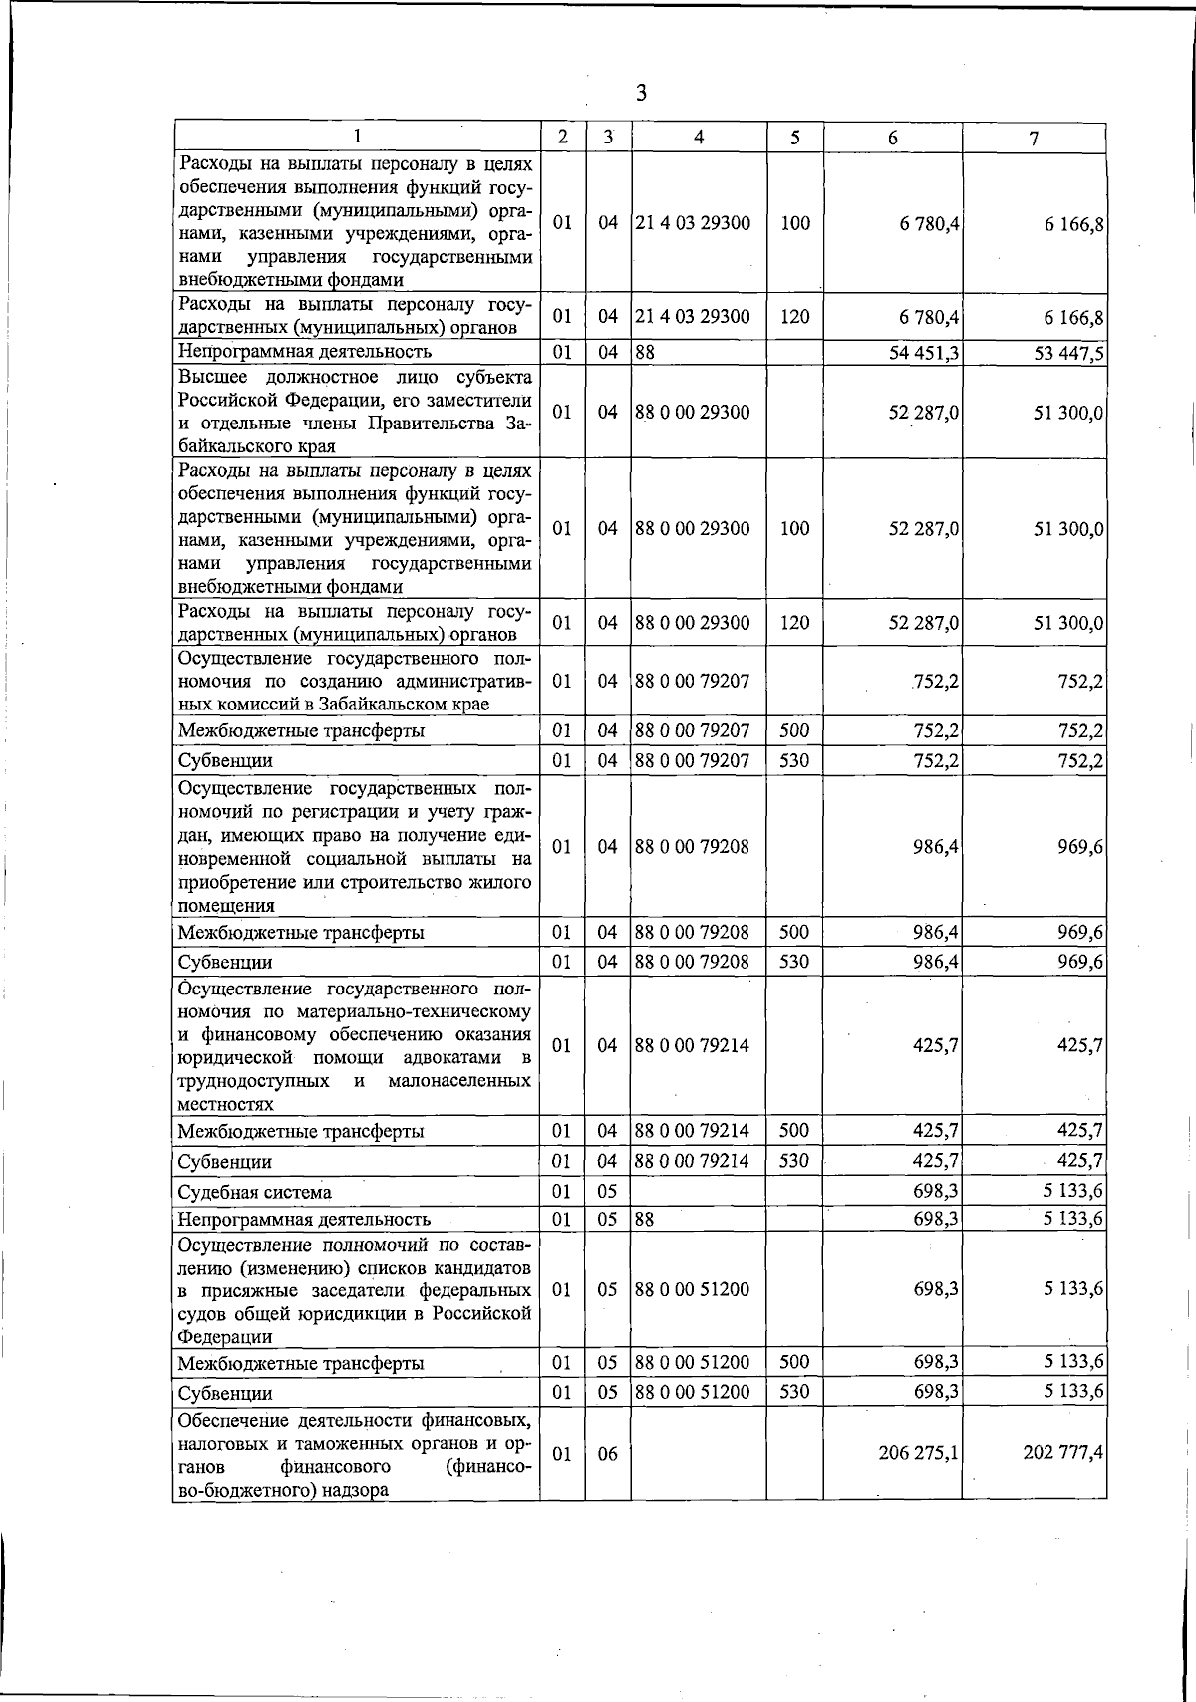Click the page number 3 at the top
(641, 93)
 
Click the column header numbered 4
(699, 138)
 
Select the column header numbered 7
(1034, 139)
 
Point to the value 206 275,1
(918, 1454)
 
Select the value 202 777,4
(1061, 1454)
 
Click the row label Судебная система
(254, 1192)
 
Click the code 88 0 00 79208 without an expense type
(692, 847)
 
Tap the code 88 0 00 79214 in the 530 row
(692, 1161)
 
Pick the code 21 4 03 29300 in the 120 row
(692, 317)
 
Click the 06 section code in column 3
(608, 1454)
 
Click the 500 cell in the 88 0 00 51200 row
(794, 1362)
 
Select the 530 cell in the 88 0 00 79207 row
(794, 761)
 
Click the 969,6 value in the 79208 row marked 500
(1080, 933)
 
